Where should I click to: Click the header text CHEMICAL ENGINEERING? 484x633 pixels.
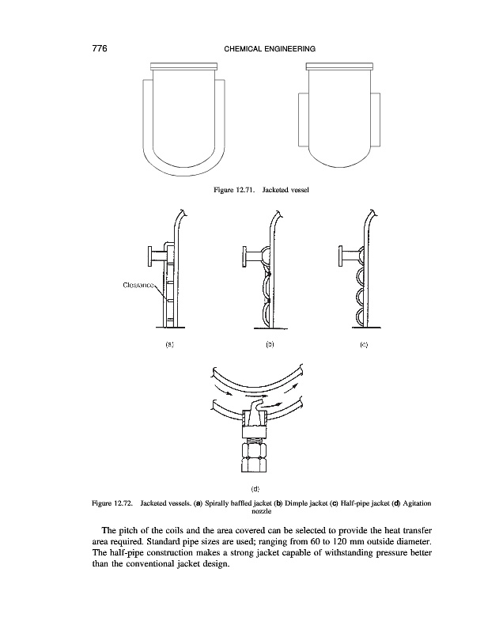point(265,49)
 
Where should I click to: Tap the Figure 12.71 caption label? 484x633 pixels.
point(234,190)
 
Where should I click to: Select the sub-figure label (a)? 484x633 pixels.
point(168,345)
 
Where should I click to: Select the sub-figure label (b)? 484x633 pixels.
point(270,345)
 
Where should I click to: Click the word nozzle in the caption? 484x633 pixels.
point(255,511)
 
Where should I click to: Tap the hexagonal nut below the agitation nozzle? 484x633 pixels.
point(255,457)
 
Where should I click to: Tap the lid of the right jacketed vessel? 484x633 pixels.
point(338,66)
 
